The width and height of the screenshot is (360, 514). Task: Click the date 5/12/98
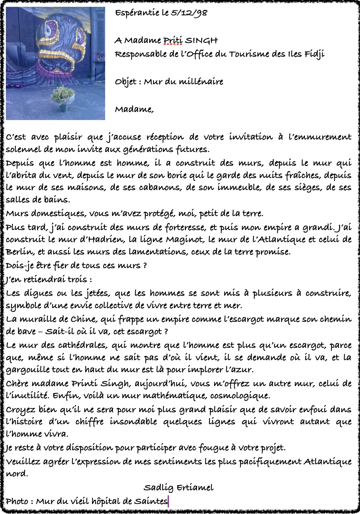(x=189, y=13)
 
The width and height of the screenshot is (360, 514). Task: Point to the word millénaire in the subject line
(x=204, y=81)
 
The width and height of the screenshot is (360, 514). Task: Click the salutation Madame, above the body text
(x=134, y=109)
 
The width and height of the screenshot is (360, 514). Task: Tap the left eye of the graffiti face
(x=49, y=29)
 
